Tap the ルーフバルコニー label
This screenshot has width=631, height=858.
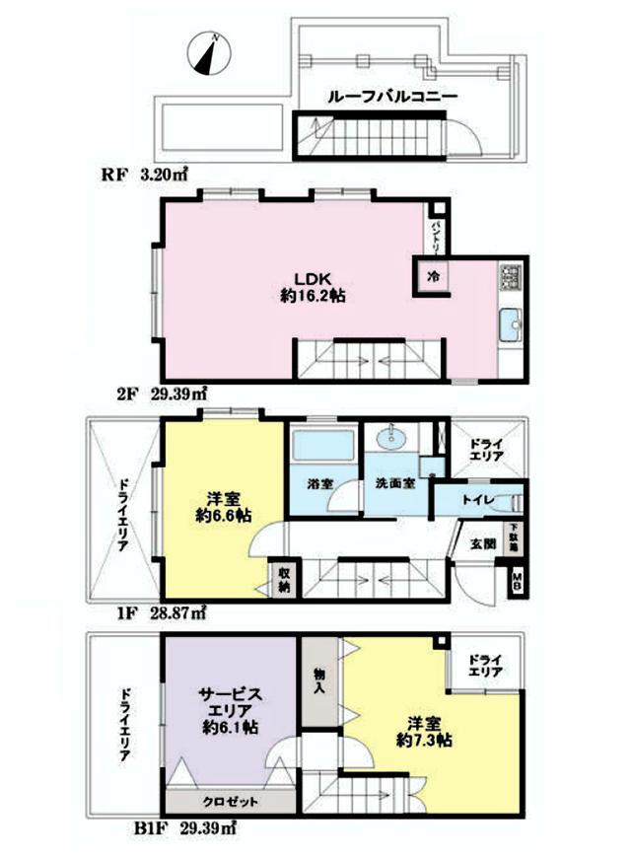point(391,97)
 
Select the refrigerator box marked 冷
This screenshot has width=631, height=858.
point(433,277)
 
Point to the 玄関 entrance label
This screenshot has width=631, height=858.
point(482,543)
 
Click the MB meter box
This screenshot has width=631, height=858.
point(516,581)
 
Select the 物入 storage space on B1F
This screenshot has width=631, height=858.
point(318,681)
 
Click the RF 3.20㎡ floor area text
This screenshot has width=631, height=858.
point(148,176)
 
